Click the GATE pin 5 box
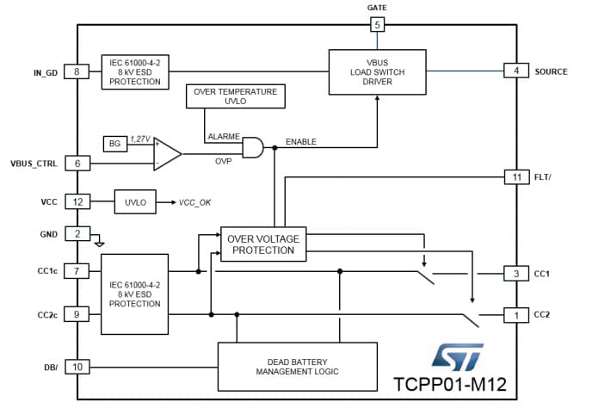click(x=377, y=24)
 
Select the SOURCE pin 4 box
click(x=515, y=71)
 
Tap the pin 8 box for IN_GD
click(x=77, y=71)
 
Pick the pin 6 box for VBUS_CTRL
click(x=77, y=163)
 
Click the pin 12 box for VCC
click(x=77, y=201)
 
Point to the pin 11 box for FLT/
click(x=515, y=176)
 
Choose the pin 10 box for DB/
click(x=77, y=368)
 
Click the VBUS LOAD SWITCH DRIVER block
click(x=377, y=72)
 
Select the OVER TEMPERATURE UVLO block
click(x=235, y=96)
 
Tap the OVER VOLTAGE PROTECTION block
click(x=262, y=244)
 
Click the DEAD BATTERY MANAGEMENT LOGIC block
click(x=297, y=365)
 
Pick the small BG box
click(x=114, y=143)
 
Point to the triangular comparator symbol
click(x=167, y=154)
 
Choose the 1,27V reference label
click(x=140, y=138)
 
